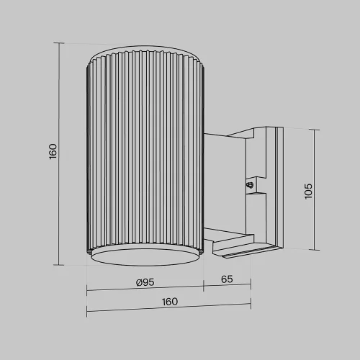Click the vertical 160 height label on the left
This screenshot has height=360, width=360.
coord(53,153)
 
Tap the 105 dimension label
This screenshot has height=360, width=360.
coord(308,191)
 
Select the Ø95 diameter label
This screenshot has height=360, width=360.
coord(145,282)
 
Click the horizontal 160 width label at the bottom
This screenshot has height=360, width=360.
coord(170,302)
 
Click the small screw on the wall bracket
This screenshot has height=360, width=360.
coord(250,185)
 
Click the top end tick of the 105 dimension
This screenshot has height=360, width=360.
coord(315,130)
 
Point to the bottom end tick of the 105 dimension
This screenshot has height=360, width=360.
coord(315,250)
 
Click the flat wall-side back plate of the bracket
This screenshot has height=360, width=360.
coord(276,189)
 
